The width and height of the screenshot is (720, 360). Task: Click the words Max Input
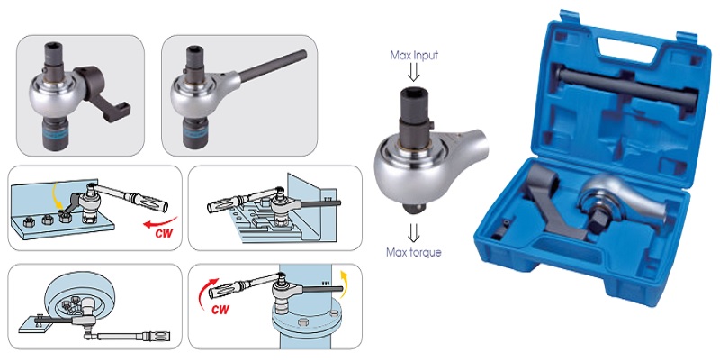[x=414, y=56]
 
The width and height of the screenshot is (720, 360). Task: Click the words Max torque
[x=414, y=252]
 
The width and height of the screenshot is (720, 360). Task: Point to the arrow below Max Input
[x=414, y=72]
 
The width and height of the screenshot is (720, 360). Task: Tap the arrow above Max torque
[x=414, y=234]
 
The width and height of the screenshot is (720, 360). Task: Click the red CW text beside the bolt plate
[x=164, y=233]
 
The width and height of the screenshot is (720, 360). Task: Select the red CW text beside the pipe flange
[x=220, y=309]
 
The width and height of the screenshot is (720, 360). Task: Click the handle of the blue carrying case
[x=626, y=42]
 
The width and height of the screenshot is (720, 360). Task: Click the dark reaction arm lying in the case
[x=555, y=201]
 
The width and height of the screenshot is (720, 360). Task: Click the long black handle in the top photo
[x=273, y=67]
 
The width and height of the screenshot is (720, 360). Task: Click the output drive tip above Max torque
[x=414, y=209]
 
